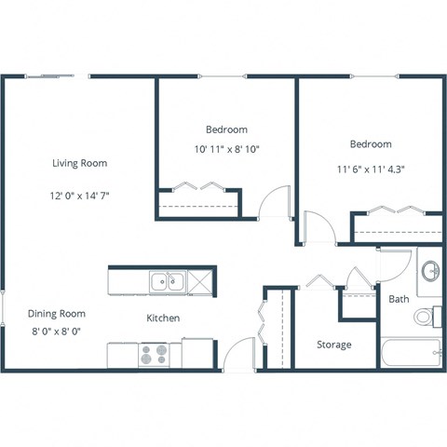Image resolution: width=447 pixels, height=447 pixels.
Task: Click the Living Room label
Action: pos(79,163)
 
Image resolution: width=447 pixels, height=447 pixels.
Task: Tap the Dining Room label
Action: pos(56,314)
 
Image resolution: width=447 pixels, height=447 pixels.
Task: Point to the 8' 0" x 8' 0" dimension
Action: pos(56,332)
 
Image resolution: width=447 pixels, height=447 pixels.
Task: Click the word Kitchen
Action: pos(163,318)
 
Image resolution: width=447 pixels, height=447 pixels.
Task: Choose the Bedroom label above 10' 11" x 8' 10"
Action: pos(226,129)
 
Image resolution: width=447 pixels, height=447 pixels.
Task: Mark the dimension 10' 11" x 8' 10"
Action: pos(226,149)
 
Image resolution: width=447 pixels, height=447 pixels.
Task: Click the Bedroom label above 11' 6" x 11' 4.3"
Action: pos(371,144)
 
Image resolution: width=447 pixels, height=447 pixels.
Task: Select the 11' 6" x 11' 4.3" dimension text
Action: pos(371,169)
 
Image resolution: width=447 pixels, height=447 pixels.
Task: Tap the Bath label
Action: pos(399,299)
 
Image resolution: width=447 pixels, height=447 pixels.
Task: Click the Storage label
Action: pos(333,345)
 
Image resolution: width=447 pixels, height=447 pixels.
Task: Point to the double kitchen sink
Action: pos(168,279)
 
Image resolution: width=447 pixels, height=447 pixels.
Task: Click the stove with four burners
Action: pos(153,354)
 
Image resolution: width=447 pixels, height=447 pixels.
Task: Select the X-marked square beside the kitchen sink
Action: pos(199,279)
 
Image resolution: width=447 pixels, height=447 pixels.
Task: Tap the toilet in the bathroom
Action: pos(426,317)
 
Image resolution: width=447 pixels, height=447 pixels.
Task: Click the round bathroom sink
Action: pos(431,271)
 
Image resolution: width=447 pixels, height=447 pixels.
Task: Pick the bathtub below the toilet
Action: pos(411,353)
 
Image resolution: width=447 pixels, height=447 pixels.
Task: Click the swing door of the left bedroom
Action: pos(271,200)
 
